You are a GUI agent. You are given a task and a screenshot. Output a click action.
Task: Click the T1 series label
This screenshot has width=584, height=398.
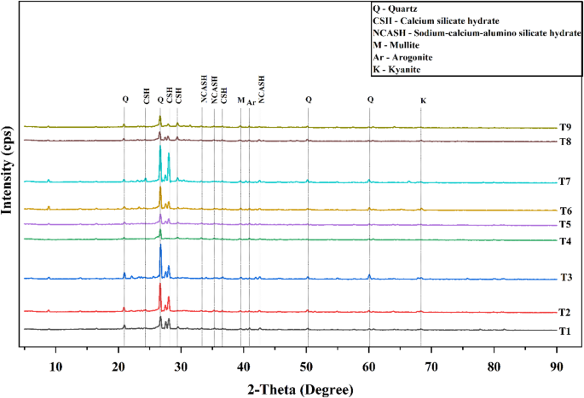click(565, 332)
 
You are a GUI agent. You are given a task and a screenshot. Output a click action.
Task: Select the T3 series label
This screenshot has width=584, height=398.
click(565, 279)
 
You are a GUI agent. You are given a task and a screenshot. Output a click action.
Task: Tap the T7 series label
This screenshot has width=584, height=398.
click(565, 182)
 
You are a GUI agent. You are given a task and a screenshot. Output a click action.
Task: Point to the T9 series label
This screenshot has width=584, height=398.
click(565, 128)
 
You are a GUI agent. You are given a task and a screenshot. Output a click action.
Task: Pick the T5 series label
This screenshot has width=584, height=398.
click(565, 224)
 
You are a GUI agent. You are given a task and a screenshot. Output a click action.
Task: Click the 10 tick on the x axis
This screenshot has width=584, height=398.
click(56, 366)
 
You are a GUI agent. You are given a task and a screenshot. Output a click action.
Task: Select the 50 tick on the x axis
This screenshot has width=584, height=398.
click(306, 366)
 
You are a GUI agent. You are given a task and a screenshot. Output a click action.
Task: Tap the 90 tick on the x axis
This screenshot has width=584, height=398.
click(556, 366)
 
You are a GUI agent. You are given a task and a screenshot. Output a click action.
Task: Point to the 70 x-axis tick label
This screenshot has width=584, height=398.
click(431, 366)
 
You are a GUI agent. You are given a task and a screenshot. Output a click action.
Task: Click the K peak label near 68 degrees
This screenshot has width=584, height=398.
click(424, 101)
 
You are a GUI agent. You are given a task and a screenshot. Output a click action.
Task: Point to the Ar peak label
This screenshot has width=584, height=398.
click(252, 101)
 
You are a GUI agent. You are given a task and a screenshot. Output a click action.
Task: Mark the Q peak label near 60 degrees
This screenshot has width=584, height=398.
click(370, 100)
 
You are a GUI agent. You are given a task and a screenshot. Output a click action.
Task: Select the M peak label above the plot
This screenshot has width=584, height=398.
click(240, 101)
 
